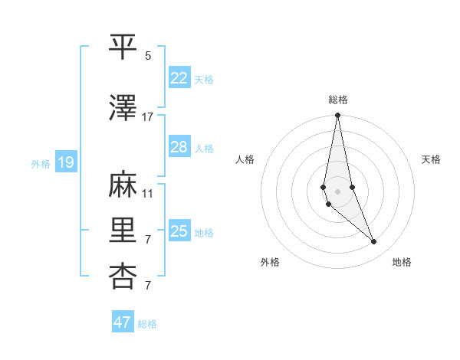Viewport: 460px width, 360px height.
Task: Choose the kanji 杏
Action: (123, 275)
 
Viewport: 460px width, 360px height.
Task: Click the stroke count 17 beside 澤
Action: (148, 116)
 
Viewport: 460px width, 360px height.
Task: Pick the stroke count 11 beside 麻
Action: (148, 193)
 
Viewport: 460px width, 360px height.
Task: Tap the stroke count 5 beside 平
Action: (148, 55)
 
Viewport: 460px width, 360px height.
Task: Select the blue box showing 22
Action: (179, 77)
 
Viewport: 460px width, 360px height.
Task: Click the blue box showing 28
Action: (179, 147)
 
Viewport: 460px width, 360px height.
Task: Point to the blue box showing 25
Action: (179, 231)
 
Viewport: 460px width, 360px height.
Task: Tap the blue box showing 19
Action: (65, 162)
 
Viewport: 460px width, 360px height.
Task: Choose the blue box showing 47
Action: (122, 322)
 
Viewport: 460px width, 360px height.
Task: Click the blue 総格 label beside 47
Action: (147, 324)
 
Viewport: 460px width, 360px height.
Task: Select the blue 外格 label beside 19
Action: (41, 163)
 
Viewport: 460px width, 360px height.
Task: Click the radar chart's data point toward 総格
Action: (337, 116)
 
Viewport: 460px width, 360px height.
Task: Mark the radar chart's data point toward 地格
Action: (374, 242)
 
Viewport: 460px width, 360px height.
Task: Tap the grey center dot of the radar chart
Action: (337, 191)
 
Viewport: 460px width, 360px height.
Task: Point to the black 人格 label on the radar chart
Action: (245, 159)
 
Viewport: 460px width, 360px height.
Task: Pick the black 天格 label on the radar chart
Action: (431, 159)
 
